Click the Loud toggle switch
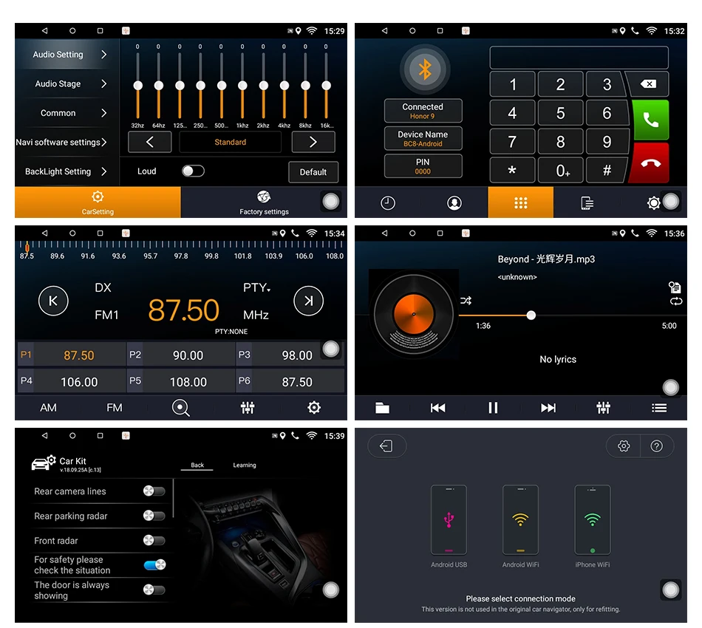click(193, 171)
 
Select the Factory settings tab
click(264, 202)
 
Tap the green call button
click(651, 119)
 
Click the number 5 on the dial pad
click(560, 114)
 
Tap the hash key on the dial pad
click(607, 171)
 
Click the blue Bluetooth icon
click(424, 69)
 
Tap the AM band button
click(48, 408)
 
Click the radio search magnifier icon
click(180, 408)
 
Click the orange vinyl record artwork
click(412, 313)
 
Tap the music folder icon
click(382, 408)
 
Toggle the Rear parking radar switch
click(154, 516)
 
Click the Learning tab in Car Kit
click(245, 465)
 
